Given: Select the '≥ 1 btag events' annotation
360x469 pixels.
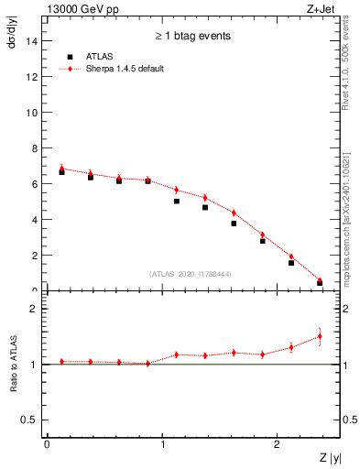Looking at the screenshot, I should coord(192,36).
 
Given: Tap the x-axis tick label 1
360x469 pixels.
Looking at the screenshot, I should coord(162,444).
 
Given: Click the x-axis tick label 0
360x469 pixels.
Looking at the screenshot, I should coord(46,444).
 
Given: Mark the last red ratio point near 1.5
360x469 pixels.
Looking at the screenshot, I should coord(320,336).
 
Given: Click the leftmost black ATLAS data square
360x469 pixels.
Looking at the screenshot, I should coord(61,172).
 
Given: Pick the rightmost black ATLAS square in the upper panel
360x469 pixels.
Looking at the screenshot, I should coord(320,283).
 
